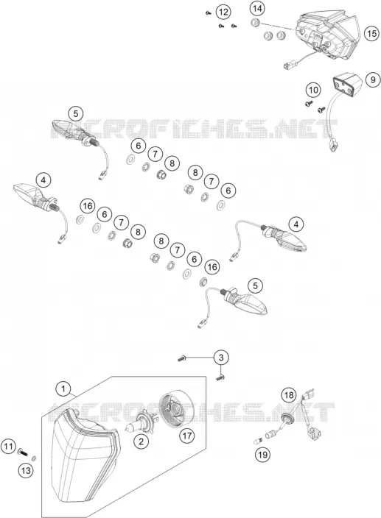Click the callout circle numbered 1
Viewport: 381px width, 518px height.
coord(63,388)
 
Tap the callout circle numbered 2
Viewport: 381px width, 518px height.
coord(141,441)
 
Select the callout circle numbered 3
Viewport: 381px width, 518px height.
coord(221,358)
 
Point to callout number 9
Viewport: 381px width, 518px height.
coord(373,79)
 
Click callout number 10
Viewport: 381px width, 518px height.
coord(313,90)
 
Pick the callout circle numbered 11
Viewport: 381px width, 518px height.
coord(9,447)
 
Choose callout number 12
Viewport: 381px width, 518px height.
coord(223,13)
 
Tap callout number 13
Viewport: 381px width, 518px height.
coord(26,470)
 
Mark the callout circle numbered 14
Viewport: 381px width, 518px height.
coord(257,9)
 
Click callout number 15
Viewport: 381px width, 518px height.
coord(371,33)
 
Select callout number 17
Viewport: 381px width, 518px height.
coord(187,436)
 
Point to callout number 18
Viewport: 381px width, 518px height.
coord(289,395)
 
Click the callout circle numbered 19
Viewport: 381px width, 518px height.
coord(262,455)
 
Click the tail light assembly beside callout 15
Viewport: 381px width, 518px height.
coord(327,36)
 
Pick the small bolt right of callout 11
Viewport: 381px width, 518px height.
coord(23,452)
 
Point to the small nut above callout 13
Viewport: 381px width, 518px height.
coord(34,458)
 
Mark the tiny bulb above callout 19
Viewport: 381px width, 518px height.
coord(259,440)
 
